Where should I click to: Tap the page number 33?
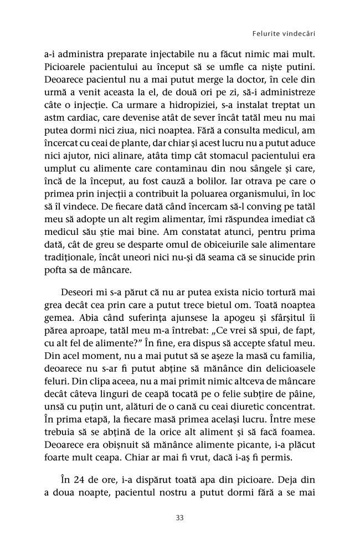(x=179, y=518)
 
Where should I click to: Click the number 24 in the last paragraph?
(x=77, y=476)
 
